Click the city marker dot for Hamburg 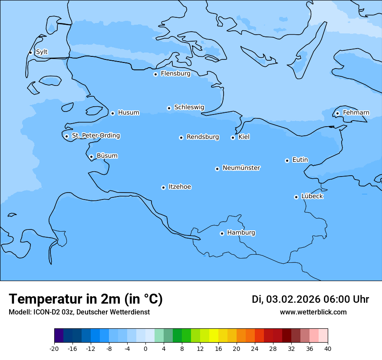[x=222, y=233]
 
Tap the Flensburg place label [x=175, y=74]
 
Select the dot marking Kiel [x=233, y=137]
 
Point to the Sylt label [x=42, y=52]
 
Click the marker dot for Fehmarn [x=337, y=114]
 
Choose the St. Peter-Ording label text [x=95, y=136]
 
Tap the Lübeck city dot [x=296, y=197]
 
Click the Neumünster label [x=241, y=168]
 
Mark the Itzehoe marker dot [x=163, y=187]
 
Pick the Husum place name [x=128, y=113]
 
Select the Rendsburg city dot [x=181, y=137]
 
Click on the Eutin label [x=300, y=160]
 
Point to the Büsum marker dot [x=91, y=157]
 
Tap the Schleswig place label [x=189, y=108]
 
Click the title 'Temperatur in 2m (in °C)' [x=86, y=299]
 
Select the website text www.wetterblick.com [x=313, y=312]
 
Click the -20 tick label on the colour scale [x=54, y=349]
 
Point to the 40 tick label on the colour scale [x=328, y=349]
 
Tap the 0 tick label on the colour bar [x=145, y=349]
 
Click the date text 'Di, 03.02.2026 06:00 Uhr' [x=310, y=299]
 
